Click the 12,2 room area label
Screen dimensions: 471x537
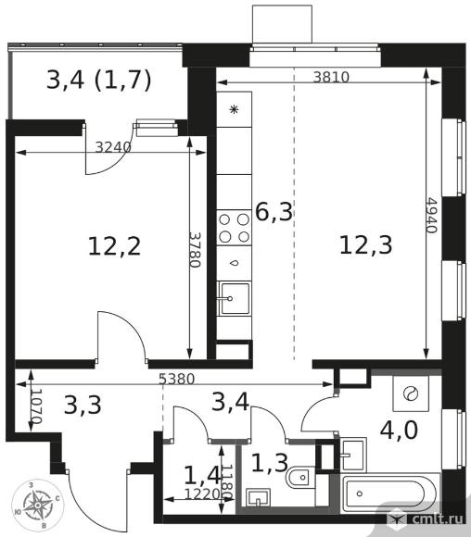click(x=114, y=246)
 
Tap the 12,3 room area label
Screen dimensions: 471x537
click(x=365, y=245)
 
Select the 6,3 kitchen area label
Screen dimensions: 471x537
click(x=274, y=212)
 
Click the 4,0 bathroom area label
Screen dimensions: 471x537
click(x=399, y=431)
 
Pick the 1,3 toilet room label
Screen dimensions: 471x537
click(x=269, y=462)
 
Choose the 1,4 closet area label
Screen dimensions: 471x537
click(x=202, y=474)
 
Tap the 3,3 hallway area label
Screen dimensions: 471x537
click(x=83, y=405)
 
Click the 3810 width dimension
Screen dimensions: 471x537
click(x=331, y=78)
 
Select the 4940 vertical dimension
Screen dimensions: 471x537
click(x=432, y=216)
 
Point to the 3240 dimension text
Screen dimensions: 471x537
click(x=113, y=147)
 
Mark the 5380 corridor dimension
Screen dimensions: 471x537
click(x=177, y=379)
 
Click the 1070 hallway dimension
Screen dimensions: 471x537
click(x=36, y=406)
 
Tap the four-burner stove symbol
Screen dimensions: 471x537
click(x=234, y=228)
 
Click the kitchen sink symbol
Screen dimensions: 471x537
click(x=235, y=298)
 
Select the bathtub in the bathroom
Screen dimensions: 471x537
click(x=390, y=493)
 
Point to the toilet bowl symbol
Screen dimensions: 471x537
click(x=299, y=478)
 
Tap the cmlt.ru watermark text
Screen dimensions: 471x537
click(x=438, y=518)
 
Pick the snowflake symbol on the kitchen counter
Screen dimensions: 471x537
click(x=234, y=110)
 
